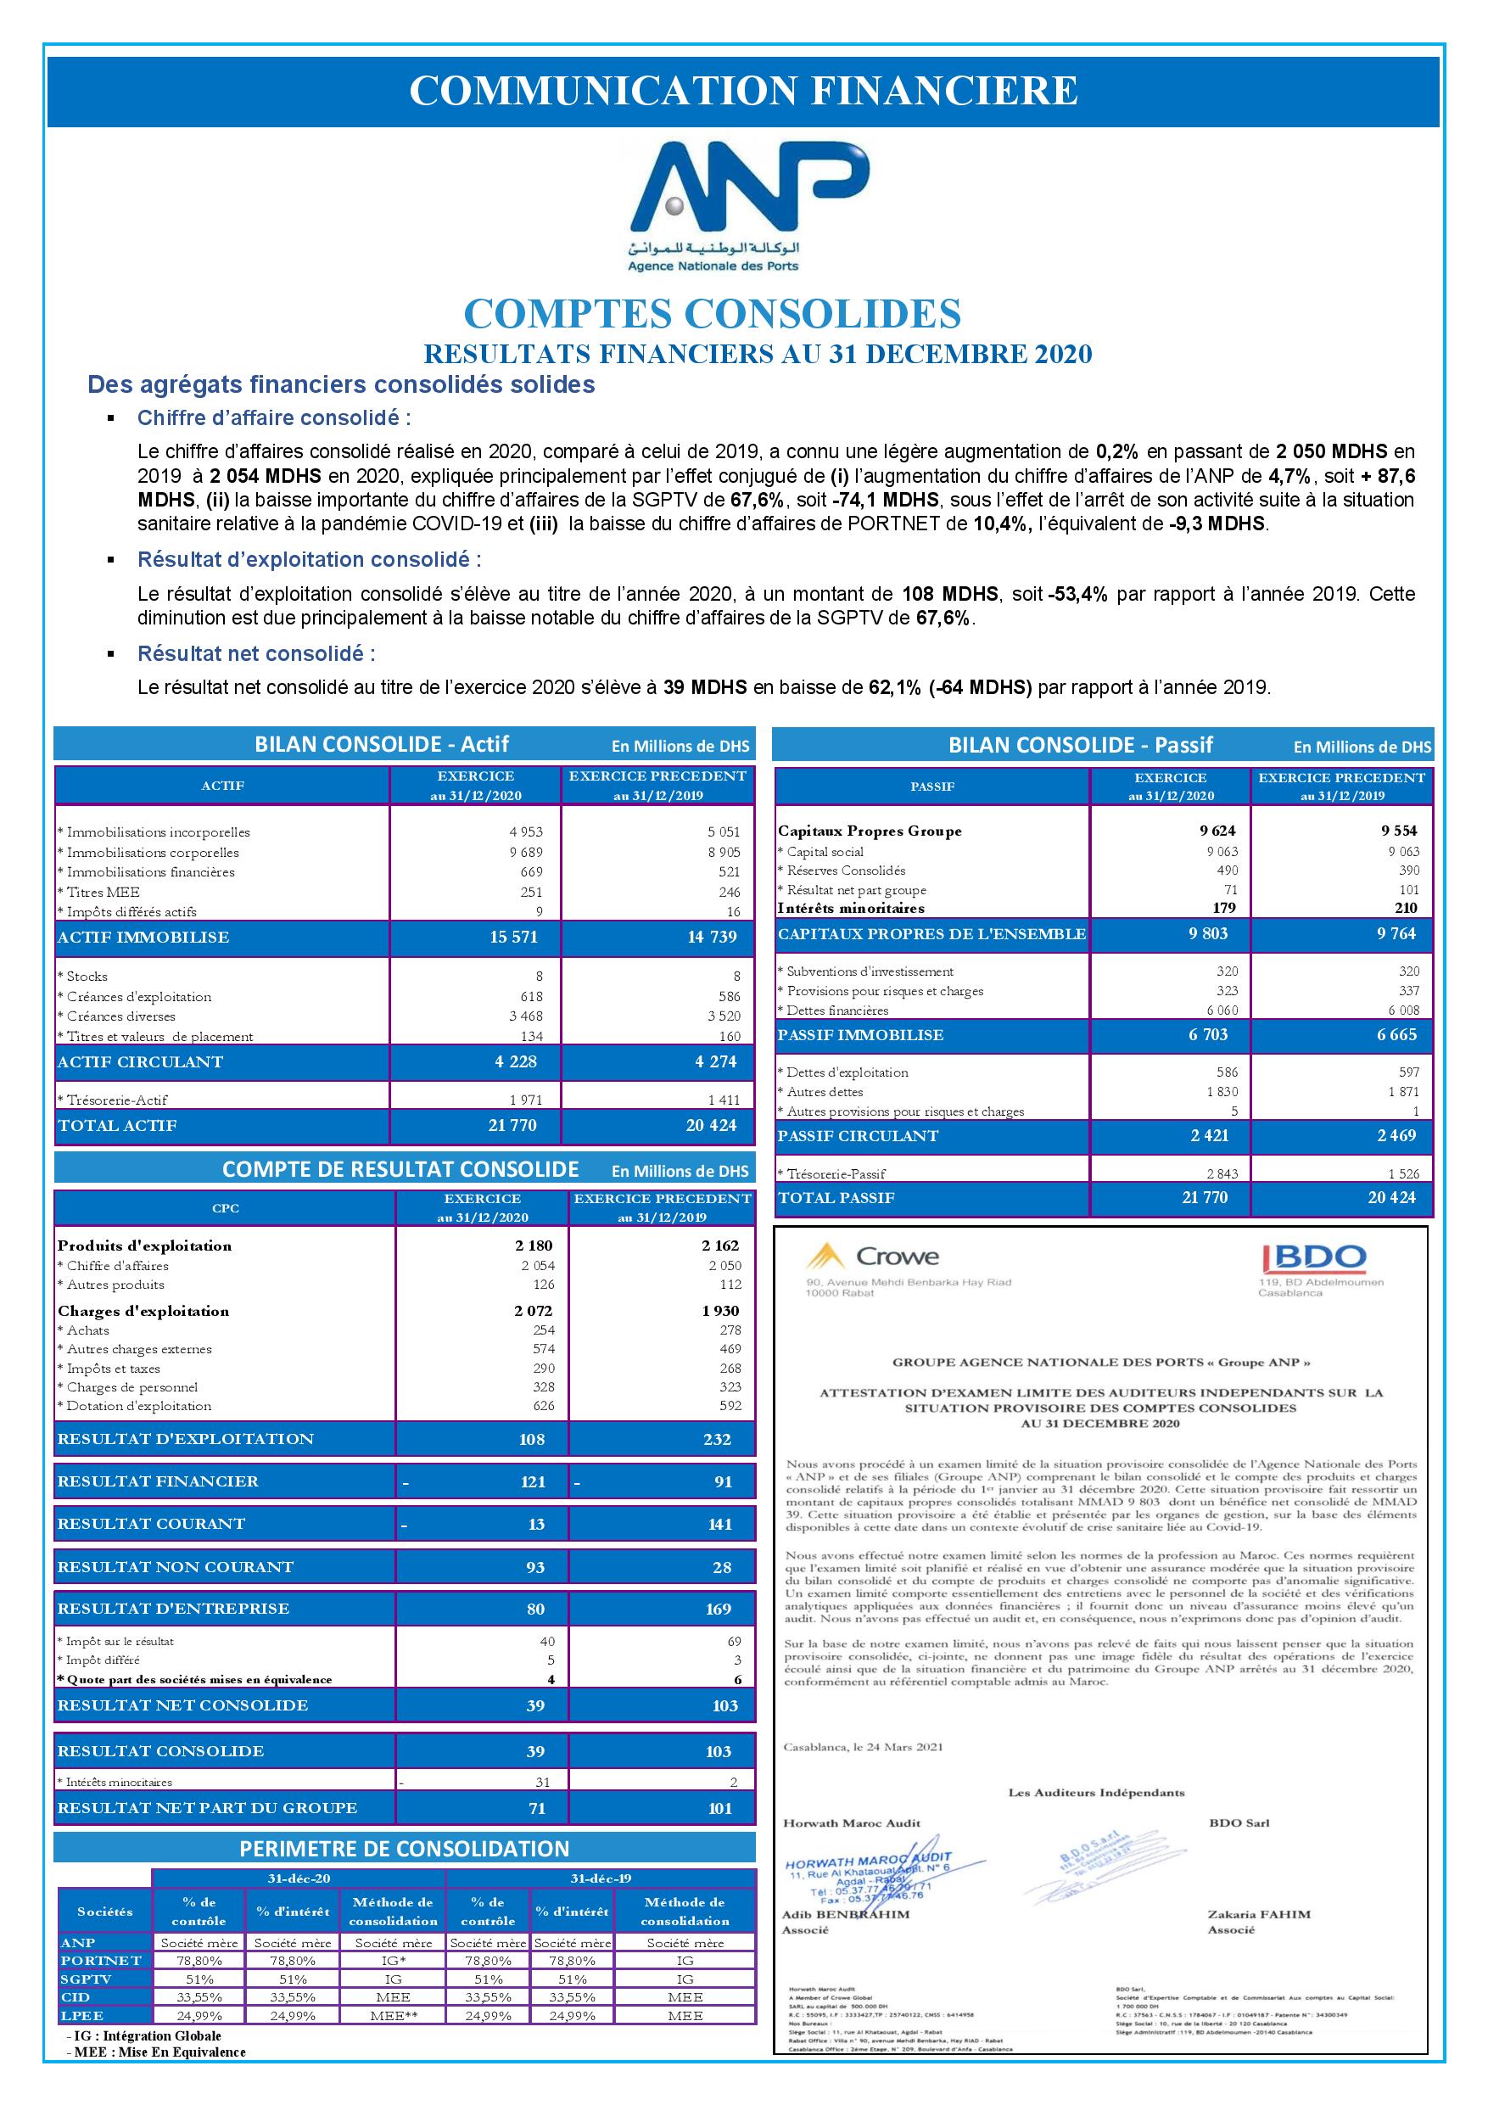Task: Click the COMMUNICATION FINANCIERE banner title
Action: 742,91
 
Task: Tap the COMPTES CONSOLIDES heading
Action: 713,314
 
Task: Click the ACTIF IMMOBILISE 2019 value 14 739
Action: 711,937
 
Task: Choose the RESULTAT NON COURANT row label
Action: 175,1567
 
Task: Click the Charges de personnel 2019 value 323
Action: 730,1387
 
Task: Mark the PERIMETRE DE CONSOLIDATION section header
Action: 405,1848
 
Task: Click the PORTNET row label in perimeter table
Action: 101,1960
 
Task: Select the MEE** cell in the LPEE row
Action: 393,2015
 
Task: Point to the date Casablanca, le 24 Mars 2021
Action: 863,1746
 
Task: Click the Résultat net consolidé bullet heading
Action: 256,653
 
